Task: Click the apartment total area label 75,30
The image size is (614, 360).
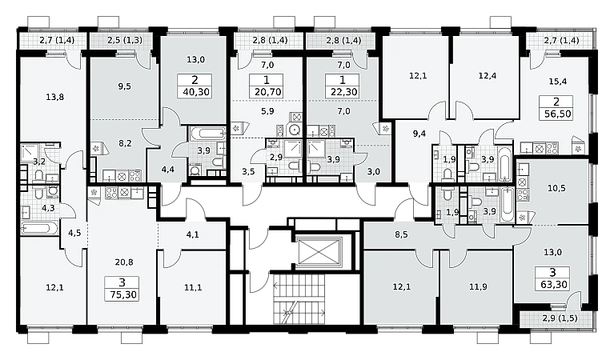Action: tap(122, 294)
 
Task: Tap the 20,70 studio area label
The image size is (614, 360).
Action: tap(267, 92)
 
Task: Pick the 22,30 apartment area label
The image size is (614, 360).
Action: tap(343, 92)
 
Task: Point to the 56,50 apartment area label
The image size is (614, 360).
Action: tap(556, 114)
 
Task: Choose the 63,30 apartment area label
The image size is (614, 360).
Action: tap(553, 285)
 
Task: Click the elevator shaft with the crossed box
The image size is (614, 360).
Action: tap(318, 252)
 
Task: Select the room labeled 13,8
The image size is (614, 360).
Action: tap(54, 97)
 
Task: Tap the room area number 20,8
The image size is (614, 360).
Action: tap(124, 262)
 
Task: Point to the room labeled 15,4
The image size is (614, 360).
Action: tap(558, 82)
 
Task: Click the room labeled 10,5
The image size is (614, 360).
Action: tap(556, 188)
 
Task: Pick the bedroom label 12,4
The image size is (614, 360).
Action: tap(488, 75)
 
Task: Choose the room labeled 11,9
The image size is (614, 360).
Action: tap(478, 287)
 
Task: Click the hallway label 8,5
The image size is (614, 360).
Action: tap(401, 234)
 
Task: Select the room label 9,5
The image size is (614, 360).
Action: tap(125, 86)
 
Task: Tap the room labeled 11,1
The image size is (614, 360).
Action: tap(193, 288)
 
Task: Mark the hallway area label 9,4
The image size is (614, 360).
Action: tap(419, 134)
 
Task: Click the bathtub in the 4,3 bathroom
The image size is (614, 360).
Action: tap(40, 228)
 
